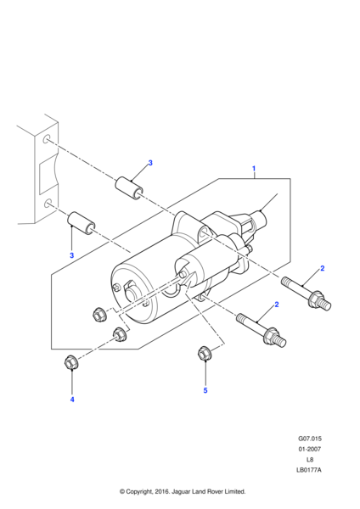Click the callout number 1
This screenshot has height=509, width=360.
coord(254,169)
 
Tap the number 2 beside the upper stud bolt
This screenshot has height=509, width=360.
coord(323,268)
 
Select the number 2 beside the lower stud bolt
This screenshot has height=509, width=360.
coord(277,305)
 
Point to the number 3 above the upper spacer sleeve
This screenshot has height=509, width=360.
coord(150,163)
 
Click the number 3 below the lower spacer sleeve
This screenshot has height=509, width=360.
coord(72,255)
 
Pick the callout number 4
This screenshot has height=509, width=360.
coord(72,400)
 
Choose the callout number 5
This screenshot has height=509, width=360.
coord(205,390)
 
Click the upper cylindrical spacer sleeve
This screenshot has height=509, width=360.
coord(129,187)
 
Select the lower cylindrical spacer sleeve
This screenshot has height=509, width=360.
coord(82,223)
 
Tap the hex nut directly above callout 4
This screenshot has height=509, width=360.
coord(71,362)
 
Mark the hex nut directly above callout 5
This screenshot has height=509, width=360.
coord(205,353)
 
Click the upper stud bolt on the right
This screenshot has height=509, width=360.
coord(307,294)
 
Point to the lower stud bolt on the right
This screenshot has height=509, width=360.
coord(262,330)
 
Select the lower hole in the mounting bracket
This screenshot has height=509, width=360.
coord(47,204)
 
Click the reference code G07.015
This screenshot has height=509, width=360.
coord(310,439)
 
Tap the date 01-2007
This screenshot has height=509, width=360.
coord(310,449)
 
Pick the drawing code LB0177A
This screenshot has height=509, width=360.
coord(309,470)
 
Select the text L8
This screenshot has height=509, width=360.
coord(310,459)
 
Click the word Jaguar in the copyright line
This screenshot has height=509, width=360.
coord(180,491)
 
